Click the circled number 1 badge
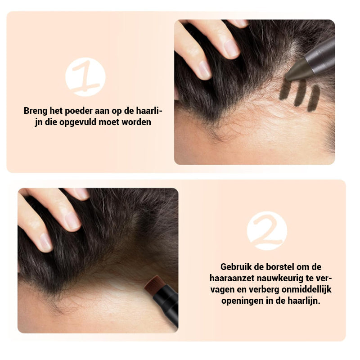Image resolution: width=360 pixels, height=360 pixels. (85, 76)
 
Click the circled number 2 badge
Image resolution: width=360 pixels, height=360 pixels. (267, 230)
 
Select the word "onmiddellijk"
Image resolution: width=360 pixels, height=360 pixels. (306, 289)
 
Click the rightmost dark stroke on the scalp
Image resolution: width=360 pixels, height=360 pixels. (314, 99)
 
